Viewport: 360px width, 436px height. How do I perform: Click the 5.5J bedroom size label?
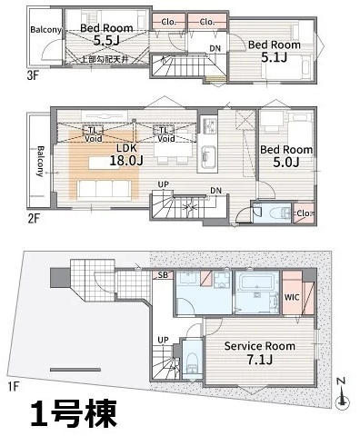point(105,41)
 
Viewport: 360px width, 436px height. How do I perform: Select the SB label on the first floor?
point(162,273)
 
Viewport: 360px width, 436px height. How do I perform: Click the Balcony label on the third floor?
point(45,30)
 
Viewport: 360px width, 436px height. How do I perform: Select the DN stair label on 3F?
point(215,48)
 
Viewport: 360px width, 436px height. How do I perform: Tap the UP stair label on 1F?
point(164,340)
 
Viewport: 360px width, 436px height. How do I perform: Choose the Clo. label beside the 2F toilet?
point(303,214)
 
